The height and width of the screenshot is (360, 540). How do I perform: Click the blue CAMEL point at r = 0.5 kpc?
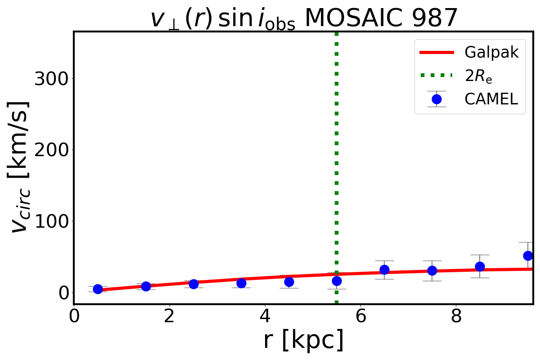[x=98, y=289]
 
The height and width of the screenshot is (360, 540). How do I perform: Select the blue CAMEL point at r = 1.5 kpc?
[x=146, y=286]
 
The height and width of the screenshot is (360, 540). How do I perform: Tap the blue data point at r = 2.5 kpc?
[x=193, y=284]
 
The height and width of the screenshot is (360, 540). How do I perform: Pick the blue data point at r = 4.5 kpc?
[x=289, y=282]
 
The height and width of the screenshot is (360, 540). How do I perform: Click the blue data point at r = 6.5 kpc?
[x=384, y=270]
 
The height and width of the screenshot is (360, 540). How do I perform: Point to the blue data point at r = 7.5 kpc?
[x=432, y=270]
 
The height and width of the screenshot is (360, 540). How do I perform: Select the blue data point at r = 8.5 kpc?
[x=480, y=266]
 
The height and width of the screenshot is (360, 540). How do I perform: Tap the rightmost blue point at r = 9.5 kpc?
[x=528, y=256]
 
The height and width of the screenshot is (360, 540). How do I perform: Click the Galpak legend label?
[x=492, y=53]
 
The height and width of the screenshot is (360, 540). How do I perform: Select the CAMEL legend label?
[x=491, y=99]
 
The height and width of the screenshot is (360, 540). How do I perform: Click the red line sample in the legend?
[x=436, y=53]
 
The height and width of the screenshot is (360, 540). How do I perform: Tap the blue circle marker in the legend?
[x=436, y=99]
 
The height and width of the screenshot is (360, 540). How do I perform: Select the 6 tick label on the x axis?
[x=360, y=317]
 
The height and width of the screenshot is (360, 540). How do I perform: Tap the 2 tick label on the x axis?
[x=169, y=317]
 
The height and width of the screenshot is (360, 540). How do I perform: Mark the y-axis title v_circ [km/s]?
[x=20, y=166]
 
